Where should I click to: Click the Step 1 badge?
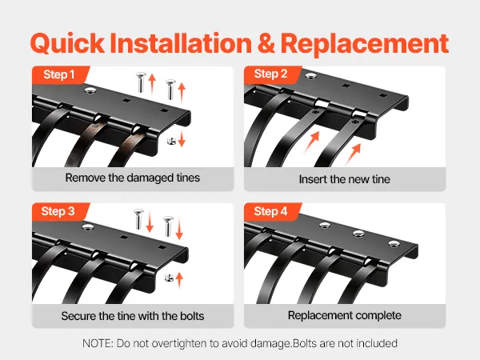click(60, 74)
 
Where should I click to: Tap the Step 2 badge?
click(272, 74)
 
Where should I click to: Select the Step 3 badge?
click(60, 211)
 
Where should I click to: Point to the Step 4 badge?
click(272, 211)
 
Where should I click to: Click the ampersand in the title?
click(266, 43)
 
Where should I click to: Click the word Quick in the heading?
click(67, 44)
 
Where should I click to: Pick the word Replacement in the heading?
click(365, 43)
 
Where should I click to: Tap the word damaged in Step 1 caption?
click(150, 178)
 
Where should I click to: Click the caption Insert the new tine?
click(344, 179)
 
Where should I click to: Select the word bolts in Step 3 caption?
click(192, 316)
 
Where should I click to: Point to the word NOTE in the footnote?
click(98, 343)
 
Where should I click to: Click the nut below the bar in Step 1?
click(171, 141)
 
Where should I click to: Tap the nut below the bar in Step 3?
click(169, 278)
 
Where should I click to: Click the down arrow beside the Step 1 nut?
click(182, 138)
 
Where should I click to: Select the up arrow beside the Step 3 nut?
click(179, 280)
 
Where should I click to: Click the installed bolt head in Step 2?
click(310, 75)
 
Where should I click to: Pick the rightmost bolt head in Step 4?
click(394, 243)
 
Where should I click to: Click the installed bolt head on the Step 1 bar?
click(90, 90)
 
